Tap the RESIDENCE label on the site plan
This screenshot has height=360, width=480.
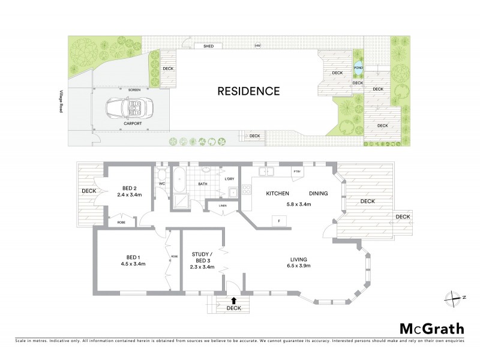(x=248, y=91)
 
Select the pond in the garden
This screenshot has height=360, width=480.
(x=359, y=68)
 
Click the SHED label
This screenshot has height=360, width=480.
(x=209, y=46)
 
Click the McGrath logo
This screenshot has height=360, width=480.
(x=431, y=328)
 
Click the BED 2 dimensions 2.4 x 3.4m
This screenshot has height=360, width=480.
(x=128, y=194)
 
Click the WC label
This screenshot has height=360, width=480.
(x=162, y=183)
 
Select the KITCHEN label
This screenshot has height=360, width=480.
(x=278, y=194)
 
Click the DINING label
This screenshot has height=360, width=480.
(x=319, y=194)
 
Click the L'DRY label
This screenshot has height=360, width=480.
(x=230, y=179)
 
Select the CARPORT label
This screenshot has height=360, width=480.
(x=133, y=123)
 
